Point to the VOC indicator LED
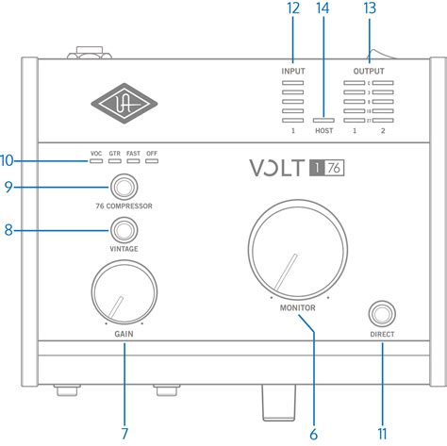click(x=96, y=161)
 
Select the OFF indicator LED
click(x=152, y=161)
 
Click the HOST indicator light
click(x=323, y=122)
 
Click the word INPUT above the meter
click(x=292, y=71)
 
